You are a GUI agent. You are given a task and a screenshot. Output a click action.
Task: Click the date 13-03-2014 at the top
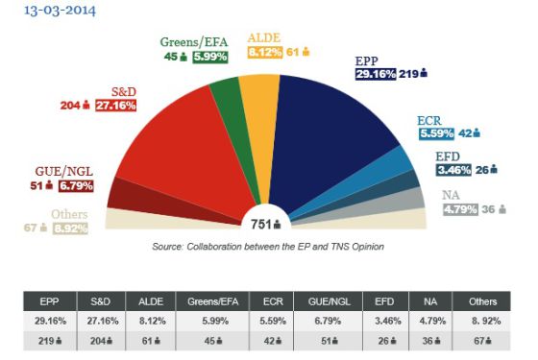(x=60, y=11)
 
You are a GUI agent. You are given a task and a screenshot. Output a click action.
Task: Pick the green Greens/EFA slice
(x=236, y=131)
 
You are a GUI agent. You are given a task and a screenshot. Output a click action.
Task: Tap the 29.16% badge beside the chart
(x=376, y=74)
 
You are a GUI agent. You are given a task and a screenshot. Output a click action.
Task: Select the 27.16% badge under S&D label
(x=116, y=106)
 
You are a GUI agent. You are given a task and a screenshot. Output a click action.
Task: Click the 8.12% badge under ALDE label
(x=265, y=52)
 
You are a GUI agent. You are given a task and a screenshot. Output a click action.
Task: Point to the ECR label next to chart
(x=428, y=120)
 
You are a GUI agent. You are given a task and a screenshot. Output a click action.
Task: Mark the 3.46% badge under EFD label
(x=453, y=170)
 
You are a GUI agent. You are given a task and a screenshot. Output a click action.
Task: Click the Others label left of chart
(x=69, y=214)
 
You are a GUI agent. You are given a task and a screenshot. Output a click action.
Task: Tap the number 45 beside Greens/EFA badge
(x=171, y=57)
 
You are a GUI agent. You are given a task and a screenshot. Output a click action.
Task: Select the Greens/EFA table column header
(x=212, y=301)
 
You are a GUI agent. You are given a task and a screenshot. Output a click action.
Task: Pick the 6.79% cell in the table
(x=328, y=321)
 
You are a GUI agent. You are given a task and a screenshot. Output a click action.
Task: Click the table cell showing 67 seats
(x=481, y=341)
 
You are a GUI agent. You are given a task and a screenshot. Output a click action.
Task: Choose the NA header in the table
(x=430, y=301)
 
